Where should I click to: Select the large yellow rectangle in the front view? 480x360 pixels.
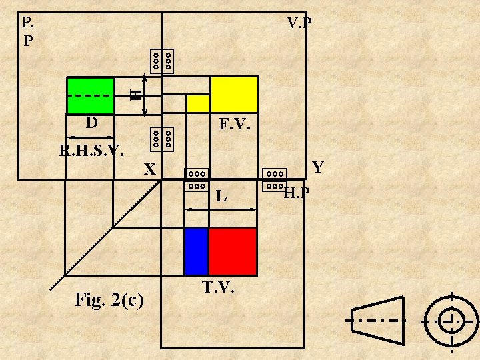234,94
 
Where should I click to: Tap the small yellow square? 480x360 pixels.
198,103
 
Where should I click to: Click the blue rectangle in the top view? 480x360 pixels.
196,251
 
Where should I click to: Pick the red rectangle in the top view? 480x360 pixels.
233,251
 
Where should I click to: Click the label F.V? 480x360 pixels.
235,125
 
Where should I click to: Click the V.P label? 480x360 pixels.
299,23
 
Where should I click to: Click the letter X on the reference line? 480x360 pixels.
151,171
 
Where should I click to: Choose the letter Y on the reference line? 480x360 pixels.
318,167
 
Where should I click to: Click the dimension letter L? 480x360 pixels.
221,197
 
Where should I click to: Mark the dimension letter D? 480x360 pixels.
91,123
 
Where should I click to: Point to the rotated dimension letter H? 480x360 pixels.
136,95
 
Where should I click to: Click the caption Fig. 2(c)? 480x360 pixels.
109,300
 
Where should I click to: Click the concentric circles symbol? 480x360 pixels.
451,320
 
